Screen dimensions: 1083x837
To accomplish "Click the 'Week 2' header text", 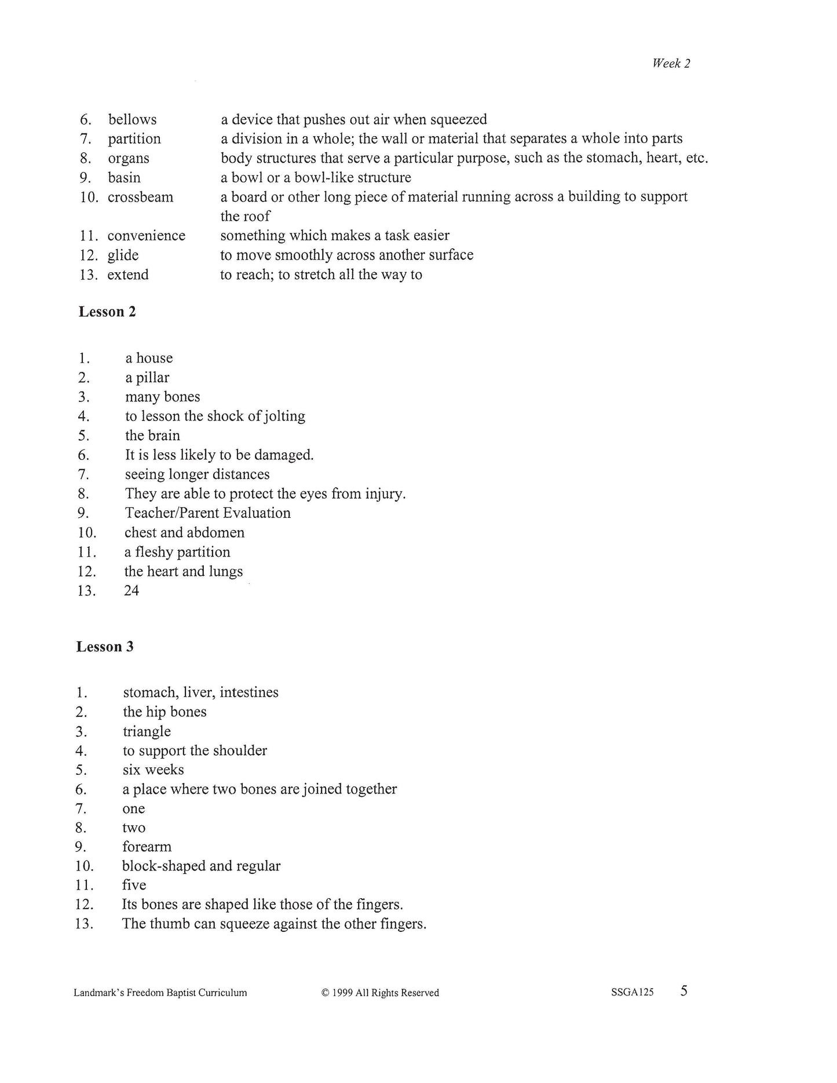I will click(x=671, y=64).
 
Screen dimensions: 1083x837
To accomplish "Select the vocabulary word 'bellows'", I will click(x=132, y=120).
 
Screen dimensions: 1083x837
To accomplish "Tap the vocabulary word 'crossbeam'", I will click(x=140, y=197).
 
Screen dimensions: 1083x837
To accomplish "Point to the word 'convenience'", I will click(x=146, y=236).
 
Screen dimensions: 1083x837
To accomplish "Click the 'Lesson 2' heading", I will click(x=107, y=312).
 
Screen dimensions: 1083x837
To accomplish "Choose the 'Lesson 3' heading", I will click(x=105, y=647).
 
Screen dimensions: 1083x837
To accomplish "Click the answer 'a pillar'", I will click(x=147, y=378).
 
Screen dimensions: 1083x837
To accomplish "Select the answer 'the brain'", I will click(x=152, y=436).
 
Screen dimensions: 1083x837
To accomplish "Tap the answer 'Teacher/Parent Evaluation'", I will click(x=207, y=513).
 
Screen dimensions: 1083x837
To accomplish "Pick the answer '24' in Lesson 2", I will click(x=131, y=591).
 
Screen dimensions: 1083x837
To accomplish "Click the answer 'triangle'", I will click(x=147, y=731).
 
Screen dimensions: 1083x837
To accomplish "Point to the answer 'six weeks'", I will click(x=153, y=770).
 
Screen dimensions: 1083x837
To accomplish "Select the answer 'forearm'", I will click(x=147, y=847).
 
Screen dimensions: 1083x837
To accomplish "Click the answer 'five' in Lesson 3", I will click(x=134, y=885).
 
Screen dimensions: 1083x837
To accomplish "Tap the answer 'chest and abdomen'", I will click(x=184, y=533).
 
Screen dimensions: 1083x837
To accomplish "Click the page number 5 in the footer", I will click(x=684, y=991).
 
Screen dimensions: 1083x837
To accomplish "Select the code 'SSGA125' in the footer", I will click(x=632, y=992).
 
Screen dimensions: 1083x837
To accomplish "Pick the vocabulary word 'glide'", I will click(x=123, y=255).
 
